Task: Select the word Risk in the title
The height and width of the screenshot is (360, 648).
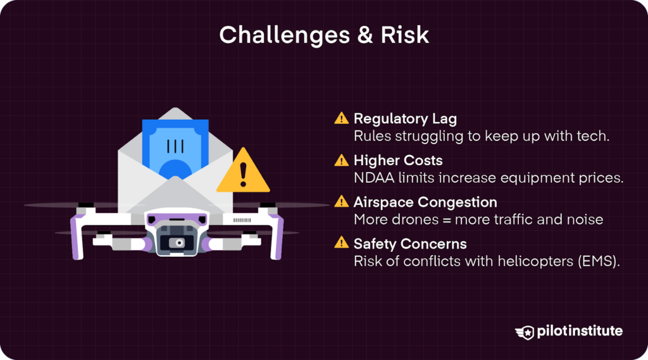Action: pyautogui.click(x=405, y=35)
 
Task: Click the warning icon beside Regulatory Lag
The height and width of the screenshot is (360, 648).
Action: pyautogui.click(x=342, y=118)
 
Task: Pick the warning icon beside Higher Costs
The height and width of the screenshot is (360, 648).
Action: pyautogui.click(x=342, y=160)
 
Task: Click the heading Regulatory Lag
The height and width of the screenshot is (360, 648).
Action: pyautogui.click(x=405, y=118)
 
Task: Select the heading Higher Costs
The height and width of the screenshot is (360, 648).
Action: pyautogui.click(x=398, y=160)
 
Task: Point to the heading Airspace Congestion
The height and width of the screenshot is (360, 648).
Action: pyautogui.click(x=425, y=202)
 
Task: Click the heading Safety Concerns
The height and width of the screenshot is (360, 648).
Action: pyautogui.click(x=410, y=244)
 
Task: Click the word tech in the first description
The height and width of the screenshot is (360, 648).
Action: pyautogui.click(x=594, y=136)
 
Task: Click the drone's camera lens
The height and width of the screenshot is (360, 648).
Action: pyautogui.click(x=180, y=242)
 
